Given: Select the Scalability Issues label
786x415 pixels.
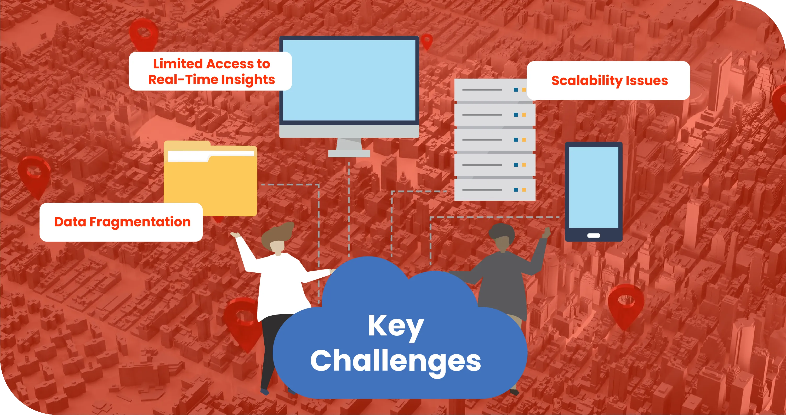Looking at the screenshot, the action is [x=608, y=81].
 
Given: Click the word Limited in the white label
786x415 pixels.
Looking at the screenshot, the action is [x=178, y=64].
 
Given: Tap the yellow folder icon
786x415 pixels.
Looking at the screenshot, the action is [x=210, y=178].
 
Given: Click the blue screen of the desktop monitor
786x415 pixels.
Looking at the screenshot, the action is [x=349, y=80].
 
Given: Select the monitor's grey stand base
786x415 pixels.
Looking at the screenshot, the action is [x=349, y=153].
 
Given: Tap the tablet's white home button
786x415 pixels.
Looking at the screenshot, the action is [x=594, y=235].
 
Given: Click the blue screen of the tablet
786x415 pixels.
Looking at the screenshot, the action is [x=594, y=187].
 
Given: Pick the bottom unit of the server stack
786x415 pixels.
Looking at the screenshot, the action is [x=495, y=190].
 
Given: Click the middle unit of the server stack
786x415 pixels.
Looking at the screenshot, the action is [x=495, y=139].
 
